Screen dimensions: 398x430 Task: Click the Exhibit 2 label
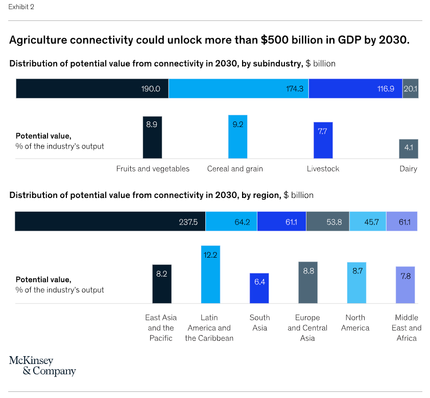coord(21,7)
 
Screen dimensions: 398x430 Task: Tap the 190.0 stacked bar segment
coord(92,88)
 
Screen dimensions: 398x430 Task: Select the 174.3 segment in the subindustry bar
coord(238,88)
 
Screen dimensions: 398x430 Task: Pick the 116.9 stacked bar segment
coord(355,88)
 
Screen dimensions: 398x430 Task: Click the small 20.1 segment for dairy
coord(411,88)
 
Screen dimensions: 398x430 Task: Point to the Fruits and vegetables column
coord(152,137)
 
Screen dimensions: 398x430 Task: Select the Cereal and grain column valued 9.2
coord(237,137)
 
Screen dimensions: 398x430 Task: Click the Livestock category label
coord(323,169)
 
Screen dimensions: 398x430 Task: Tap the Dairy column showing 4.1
coord(409,149)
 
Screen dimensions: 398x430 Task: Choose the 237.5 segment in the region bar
coord(110,221)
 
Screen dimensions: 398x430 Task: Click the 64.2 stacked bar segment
coord(231,221)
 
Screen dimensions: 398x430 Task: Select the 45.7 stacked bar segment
coord(368,221)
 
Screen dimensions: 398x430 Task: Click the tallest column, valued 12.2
coord(210,275)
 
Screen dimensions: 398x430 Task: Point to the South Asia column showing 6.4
coord(259,288)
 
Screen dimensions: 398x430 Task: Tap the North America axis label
coord(355,322)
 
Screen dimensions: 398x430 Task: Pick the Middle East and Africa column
coord(405,285)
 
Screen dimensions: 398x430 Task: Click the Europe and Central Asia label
coord(307,328)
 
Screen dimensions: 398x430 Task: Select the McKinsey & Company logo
coord(42,366)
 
